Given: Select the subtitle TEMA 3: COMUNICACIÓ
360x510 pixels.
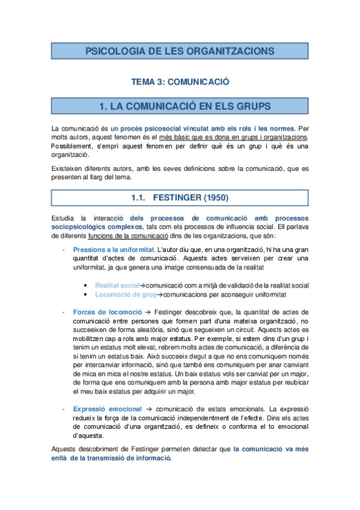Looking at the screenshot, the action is coord(180,81).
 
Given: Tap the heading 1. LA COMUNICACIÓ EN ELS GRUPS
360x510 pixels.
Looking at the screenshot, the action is coord(180,106).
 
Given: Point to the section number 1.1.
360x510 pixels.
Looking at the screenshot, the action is coord(139,197).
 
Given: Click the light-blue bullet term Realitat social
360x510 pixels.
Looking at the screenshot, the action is coord(117,285).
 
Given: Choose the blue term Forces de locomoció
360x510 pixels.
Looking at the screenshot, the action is coord(108,312).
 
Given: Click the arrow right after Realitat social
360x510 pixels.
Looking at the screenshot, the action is coord(142,285).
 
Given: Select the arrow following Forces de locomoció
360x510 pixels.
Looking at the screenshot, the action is coord(148,312).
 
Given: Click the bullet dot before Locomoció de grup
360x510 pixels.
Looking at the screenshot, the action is coord(88,295).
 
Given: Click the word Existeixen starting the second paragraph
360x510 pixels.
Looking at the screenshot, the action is coord(68,168).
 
